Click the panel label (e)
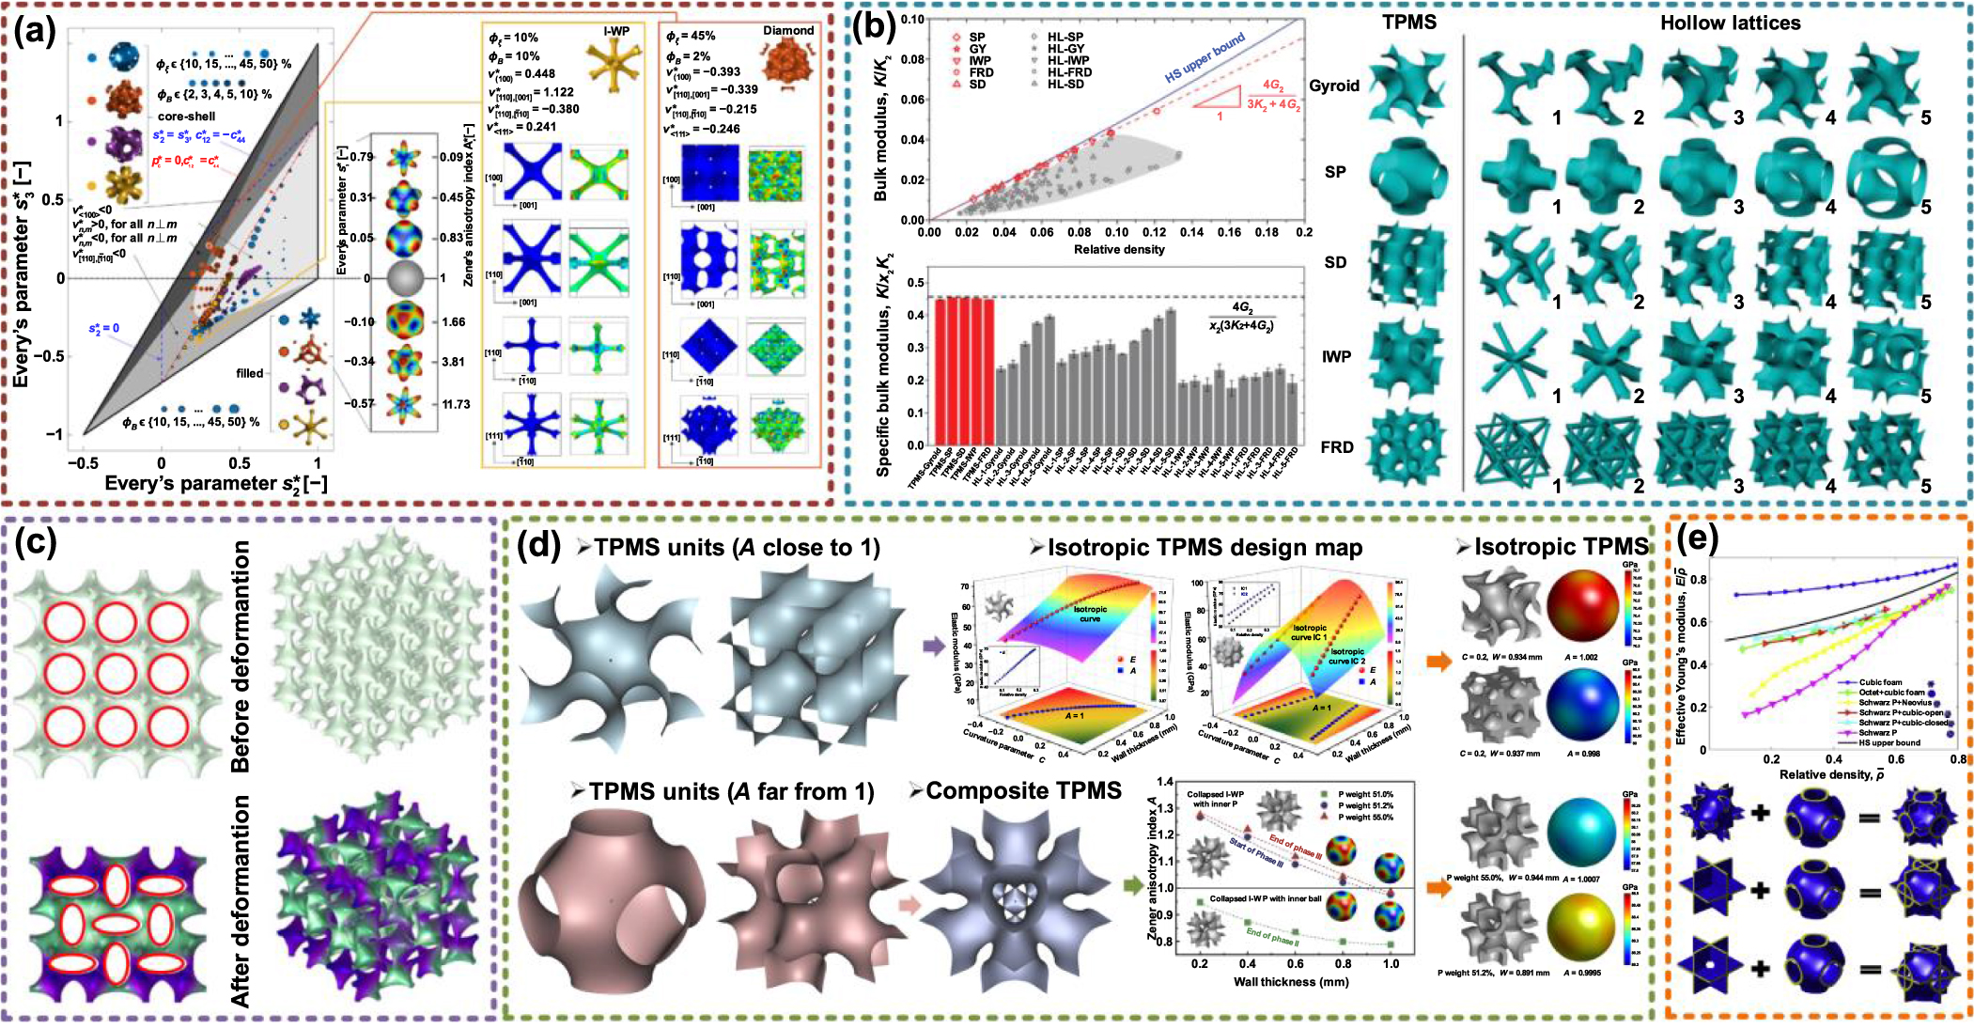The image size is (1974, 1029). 1698,539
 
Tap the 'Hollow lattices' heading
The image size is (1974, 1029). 1730,23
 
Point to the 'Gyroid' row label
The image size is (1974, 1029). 1334,86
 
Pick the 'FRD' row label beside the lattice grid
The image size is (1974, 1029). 1336,447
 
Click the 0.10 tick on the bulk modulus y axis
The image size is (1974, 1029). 912,19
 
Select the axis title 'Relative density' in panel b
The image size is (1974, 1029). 1118,249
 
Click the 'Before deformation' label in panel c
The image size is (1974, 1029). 241,656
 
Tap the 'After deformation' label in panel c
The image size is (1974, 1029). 241,900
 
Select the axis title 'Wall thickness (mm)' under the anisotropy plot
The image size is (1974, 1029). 1290,981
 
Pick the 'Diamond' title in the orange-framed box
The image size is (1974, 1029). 788,30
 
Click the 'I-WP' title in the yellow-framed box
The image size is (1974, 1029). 616,31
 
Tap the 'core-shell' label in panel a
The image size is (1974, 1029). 186,117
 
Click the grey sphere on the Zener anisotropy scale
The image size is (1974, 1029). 405,278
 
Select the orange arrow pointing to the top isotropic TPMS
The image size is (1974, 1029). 1438,662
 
